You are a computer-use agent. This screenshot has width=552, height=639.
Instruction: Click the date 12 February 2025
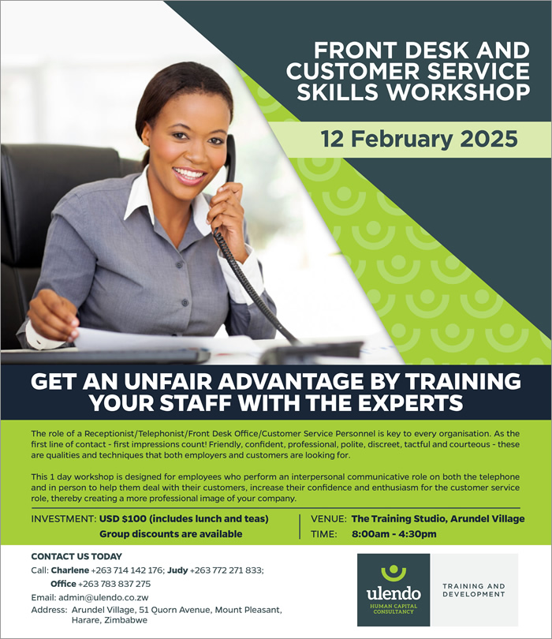pos(419,139)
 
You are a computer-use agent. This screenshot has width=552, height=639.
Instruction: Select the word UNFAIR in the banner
pos(167,382)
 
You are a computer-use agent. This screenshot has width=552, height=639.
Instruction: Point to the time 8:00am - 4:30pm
pos(394,534)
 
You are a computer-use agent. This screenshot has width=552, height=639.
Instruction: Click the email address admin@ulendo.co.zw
pos(103,597)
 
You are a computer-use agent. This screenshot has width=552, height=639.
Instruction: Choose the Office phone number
pos(114,584)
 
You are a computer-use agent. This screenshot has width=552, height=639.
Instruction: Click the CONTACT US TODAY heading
pos(76,556)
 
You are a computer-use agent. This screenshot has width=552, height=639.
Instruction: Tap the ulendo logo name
pos(393,593)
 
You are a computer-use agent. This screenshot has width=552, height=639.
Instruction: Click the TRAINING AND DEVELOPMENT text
pos(474,590)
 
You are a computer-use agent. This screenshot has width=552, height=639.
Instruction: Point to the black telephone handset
pos(230,159)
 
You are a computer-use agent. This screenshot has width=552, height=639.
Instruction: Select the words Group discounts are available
pos(170,534)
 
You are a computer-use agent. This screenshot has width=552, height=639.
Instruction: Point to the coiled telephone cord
pos(253,286)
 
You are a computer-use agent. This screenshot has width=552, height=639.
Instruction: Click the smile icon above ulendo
pos(393,572)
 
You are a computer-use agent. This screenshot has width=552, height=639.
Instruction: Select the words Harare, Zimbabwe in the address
pos(109,620)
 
